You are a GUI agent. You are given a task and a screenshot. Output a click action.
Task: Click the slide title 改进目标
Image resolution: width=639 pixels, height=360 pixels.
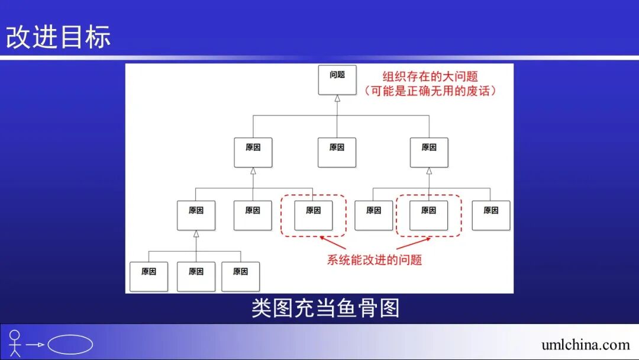pos(59,37)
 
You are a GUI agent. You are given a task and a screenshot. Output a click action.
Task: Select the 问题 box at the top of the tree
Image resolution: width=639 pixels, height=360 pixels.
pos(337,80)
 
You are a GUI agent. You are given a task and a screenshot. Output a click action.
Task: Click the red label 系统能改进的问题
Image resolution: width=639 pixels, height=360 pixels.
pos(375,260)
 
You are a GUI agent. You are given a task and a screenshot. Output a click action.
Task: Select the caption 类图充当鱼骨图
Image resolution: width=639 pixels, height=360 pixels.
pos(325,308)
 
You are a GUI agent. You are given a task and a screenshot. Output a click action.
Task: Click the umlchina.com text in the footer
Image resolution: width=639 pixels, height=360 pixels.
pos(585,345)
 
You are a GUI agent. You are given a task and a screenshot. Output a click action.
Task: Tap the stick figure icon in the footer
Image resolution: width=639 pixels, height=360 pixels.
pos(15,343)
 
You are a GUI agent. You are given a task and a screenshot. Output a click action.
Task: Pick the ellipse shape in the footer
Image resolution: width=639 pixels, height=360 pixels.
pos(70,345)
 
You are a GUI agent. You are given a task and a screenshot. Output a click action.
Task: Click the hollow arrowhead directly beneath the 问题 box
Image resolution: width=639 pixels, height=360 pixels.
pos(337,98)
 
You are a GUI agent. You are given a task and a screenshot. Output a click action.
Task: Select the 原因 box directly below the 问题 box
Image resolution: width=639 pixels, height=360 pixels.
pos(337,152)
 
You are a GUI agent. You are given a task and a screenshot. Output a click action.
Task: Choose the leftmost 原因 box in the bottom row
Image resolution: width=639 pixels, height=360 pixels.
pos(149,277)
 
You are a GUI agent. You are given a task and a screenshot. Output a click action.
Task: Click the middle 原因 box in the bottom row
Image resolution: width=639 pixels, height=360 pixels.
pos(196,277)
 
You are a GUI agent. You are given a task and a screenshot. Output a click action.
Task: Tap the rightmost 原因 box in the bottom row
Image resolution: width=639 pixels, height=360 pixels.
pos(241,277)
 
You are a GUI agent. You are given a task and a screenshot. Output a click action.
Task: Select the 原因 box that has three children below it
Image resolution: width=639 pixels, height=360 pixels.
pos(196,216)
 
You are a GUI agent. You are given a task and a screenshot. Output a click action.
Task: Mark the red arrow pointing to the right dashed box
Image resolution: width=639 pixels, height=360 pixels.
pos(414,243)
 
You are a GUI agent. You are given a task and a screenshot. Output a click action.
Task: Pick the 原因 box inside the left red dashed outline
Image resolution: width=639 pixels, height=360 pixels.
pos(314,216)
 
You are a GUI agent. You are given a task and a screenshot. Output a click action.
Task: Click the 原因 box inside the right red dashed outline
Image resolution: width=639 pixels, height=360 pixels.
pos(429,216)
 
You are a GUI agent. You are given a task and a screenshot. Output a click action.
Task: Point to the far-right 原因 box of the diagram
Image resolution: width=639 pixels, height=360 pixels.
pos(491,216)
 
